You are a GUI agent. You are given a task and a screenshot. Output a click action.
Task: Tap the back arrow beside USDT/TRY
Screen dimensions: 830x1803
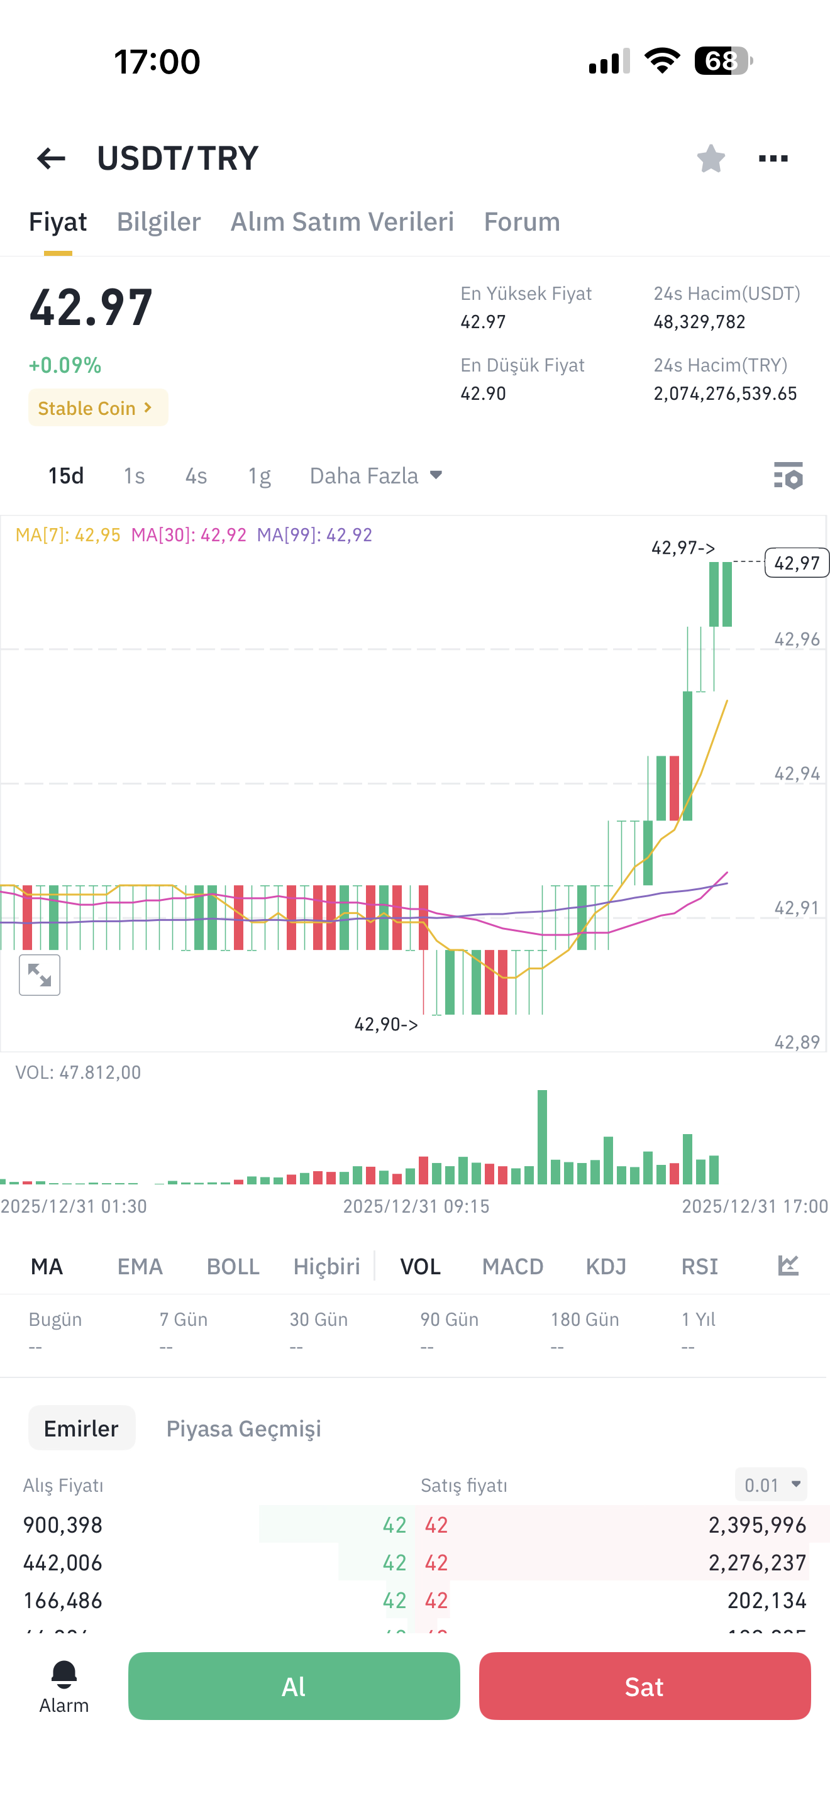pos(51,159)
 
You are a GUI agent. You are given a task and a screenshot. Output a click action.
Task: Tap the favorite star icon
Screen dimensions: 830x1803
pos(711,158)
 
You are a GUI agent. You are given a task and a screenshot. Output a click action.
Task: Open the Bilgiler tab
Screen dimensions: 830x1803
pos(159,222)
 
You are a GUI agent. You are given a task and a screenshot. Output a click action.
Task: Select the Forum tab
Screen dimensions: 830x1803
pos(522,222)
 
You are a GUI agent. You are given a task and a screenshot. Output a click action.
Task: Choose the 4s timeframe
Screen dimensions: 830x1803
pos(196,476)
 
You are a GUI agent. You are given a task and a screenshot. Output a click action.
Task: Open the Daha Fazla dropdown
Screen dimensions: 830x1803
pos(376,476)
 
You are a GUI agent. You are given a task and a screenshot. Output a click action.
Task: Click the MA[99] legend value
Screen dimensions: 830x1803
pos(314,535)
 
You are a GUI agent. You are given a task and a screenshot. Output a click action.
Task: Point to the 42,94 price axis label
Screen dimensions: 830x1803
pos(797,773)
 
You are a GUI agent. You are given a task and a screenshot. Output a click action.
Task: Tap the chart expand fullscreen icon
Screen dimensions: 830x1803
pos(39,975)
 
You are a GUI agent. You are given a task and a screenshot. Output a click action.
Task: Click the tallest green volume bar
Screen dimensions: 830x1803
pos(543,1137)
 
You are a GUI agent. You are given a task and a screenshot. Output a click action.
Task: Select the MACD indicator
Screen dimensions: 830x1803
pos(512,1266)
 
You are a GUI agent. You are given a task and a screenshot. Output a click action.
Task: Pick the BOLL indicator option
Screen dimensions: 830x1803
pos(233,1266)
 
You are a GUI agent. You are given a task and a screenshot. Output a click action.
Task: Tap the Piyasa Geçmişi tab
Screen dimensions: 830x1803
pos(243,1428)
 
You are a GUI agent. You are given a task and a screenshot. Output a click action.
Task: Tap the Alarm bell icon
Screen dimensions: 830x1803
pos(64,1675)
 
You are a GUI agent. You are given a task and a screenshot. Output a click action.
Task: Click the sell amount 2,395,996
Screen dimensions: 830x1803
pos(757,1525)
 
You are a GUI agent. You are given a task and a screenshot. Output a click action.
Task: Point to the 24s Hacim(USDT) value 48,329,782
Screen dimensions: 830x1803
pos(699,322)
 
